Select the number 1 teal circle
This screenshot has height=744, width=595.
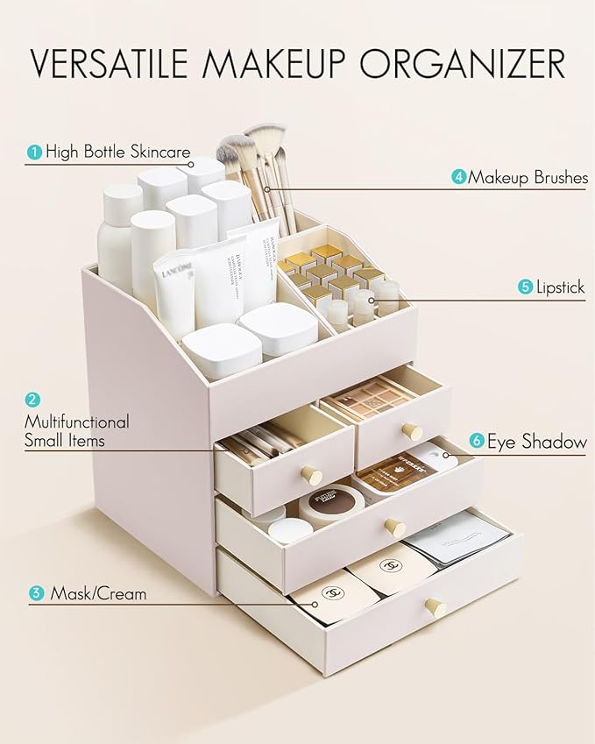(34, 152)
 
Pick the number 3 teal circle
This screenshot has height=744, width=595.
(36, 594)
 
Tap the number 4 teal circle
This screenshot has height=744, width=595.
(459, 178)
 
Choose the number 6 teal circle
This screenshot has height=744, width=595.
(477, 442)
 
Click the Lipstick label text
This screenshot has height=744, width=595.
(561, 287)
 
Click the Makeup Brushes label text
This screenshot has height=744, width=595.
(527, 178)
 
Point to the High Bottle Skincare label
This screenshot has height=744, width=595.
(118, 152)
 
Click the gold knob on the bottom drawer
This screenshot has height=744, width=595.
(435, 607)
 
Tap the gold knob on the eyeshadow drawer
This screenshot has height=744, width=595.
(410, 431)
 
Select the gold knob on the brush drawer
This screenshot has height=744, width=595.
(311, 474)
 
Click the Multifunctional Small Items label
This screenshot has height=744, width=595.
(76, 431)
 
